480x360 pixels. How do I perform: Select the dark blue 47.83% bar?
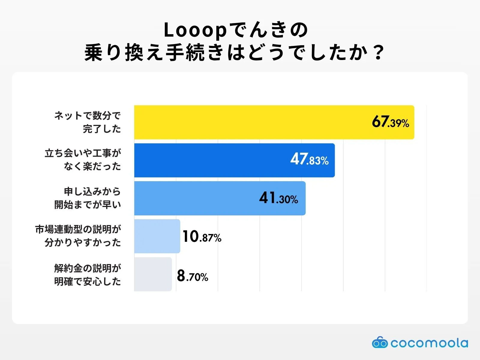point(210,160)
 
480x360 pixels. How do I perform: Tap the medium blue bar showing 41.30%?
point(195,198)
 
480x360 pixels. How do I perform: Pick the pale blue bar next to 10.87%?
point(157,236)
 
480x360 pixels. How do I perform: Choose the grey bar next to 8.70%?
point(153,274)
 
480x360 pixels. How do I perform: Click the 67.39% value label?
point(390,122)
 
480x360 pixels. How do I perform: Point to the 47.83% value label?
point(309,160)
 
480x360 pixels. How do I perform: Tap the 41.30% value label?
point(278,198)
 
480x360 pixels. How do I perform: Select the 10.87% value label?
point(202,237)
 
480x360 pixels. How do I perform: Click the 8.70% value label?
point(192,276)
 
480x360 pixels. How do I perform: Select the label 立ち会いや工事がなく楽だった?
point(83,160)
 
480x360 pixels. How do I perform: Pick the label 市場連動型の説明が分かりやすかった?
point(78,236)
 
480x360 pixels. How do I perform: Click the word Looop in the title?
point(195,31)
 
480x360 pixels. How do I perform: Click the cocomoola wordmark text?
point(429,343)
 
